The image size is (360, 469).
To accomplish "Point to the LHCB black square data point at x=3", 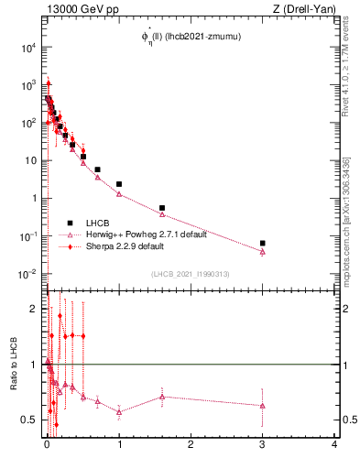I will point(263,244).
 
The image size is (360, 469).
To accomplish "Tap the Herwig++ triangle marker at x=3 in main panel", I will point(263,251).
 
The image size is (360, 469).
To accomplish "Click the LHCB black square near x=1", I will point(119,184).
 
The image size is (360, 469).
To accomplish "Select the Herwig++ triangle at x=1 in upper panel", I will point(119,194).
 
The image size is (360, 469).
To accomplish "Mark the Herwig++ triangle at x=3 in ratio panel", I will point(263,405).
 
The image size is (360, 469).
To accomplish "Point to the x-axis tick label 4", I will point(334,443).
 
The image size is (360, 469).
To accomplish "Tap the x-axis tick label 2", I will point(191,443).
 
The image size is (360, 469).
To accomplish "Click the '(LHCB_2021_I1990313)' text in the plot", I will point(190,274).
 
